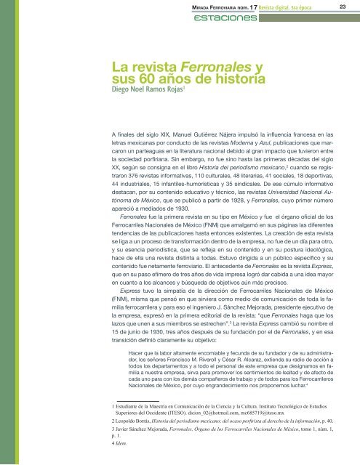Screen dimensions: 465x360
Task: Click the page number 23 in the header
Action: [x=341, y=7]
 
